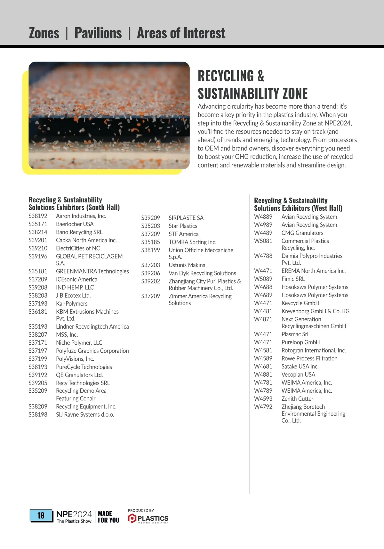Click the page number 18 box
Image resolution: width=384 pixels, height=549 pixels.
(x=41, y=515)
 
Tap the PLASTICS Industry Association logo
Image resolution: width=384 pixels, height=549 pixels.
(x=148, y=518)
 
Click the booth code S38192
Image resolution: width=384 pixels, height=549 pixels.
(x=38, y=216)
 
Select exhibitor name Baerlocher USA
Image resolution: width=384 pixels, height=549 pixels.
(x=75, y=224)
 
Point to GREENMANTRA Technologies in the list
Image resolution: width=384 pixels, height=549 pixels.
(x=92, y=271)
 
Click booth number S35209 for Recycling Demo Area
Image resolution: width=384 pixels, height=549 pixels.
(x=38, y=391)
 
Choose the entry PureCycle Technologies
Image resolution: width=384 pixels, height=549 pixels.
(x=84, y=367)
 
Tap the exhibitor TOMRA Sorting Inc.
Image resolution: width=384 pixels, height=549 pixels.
(x=192, y=242)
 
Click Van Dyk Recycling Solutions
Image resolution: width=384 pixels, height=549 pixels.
(x=202, y=273)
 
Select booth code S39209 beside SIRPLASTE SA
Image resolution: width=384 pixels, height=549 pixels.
(x=150, y=218)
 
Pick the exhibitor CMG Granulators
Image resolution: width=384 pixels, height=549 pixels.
(x=302, y=233)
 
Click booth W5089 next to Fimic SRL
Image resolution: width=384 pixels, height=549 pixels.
(x=263, y=279)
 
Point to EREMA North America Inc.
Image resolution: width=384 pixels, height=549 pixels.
(x=314, y=271)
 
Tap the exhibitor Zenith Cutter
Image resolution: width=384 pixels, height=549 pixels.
(x=297, y=399)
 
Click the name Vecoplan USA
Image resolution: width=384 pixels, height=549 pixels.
(x=298, y=374)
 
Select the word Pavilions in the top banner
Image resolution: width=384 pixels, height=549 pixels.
(x=98, y=33)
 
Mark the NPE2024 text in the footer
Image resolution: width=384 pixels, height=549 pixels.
(x=74, y=514)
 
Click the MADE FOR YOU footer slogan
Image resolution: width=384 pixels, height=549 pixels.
(x=108, y=517)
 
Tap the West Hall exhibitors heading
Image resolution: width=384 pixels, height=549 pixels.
(x=298, y=204)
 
